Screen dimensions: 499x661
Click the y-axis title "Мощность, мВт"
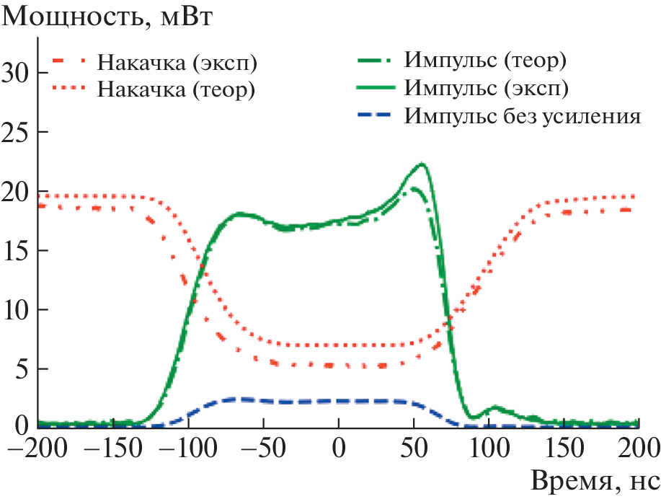108,17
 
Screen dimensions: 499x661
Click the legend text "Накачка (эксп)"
177,64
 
